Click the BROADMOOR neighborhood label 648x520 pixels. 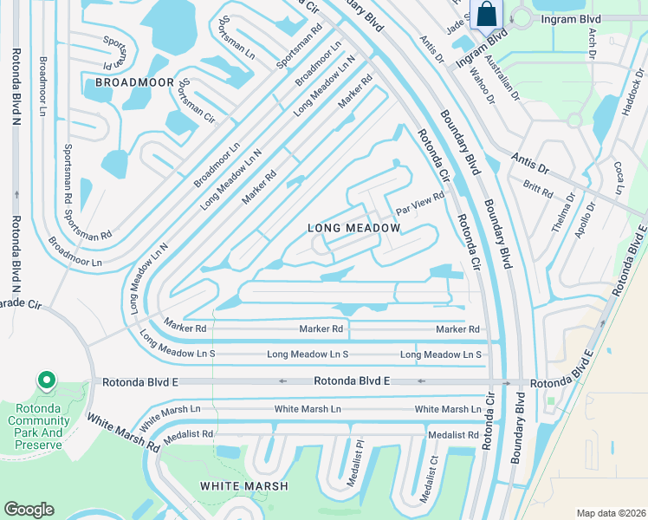(x=129, y=81)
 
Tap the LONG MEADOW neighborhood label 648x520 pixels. (x=354, y=228)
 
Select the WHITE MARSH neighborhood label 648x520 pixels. (x=244, y=486)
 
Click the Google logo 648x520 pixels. (x=29, y=510)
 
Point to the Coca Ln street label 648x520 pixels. (x=619, y=177)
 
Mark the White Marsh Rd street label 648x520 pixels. (x=122, y=432)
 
